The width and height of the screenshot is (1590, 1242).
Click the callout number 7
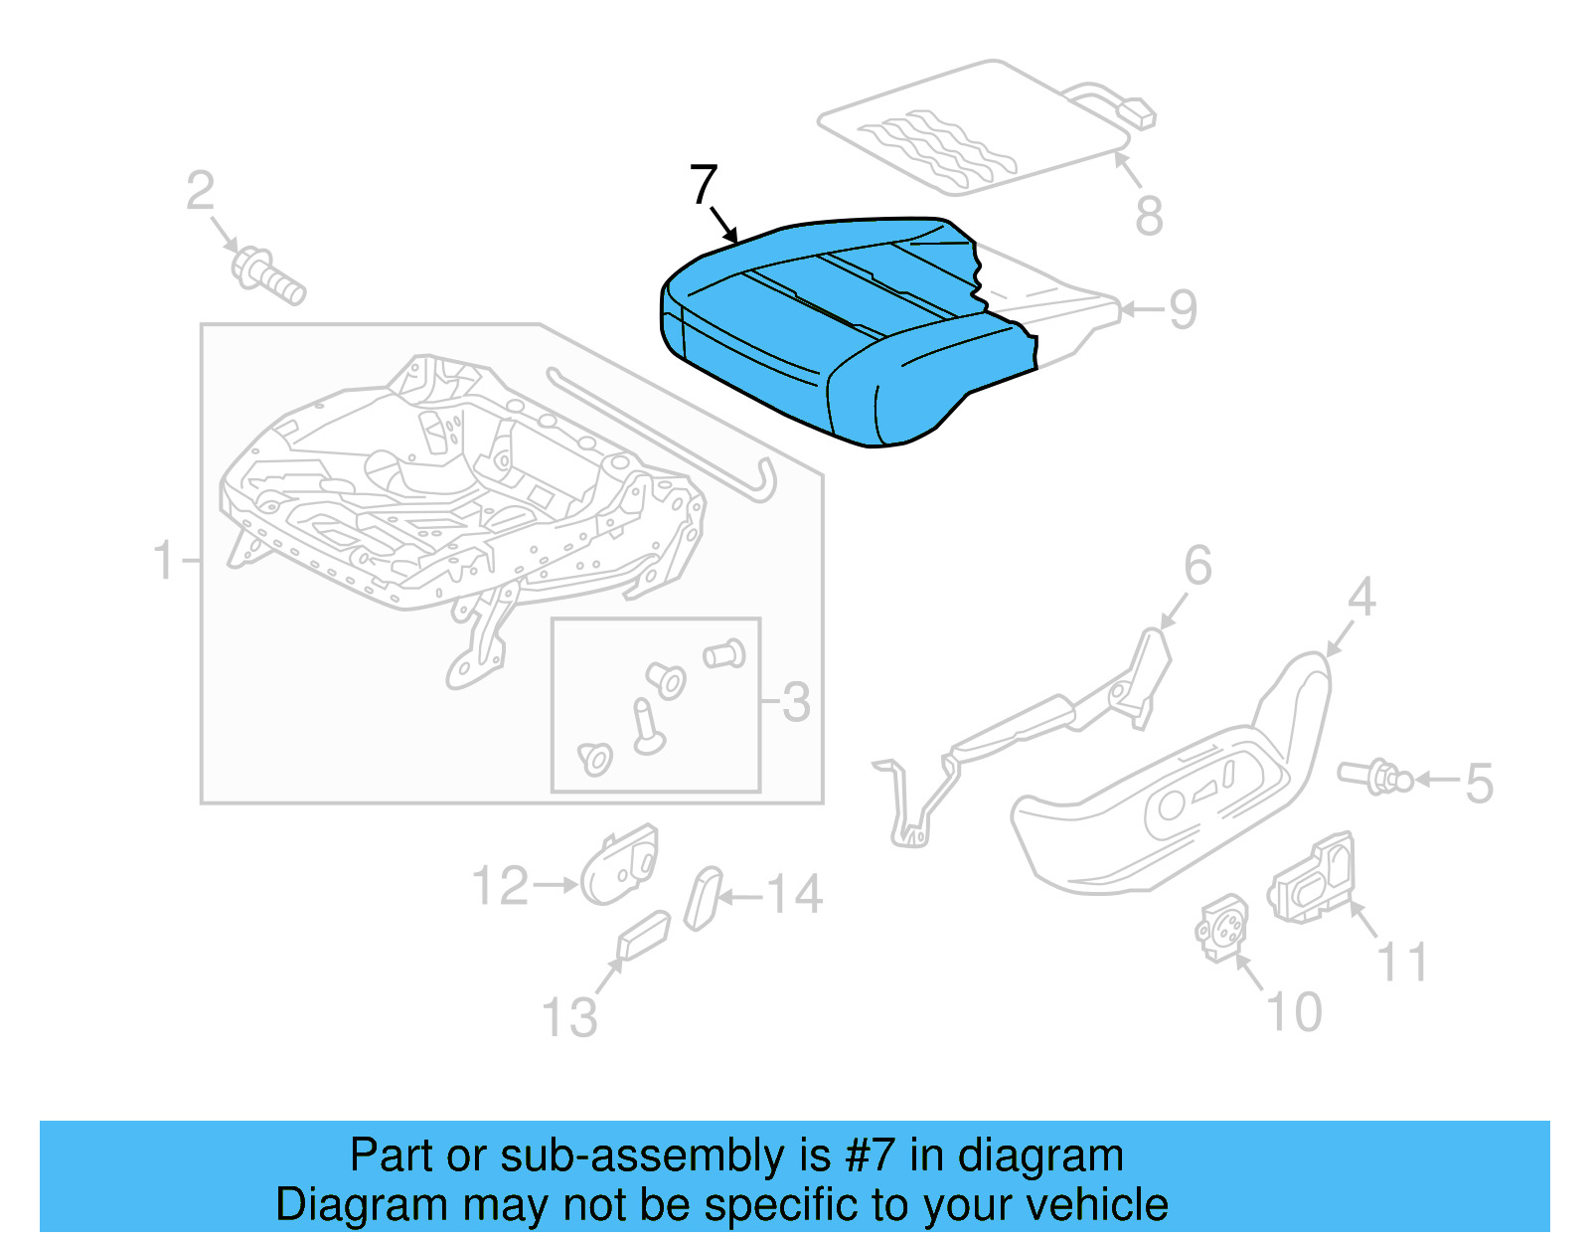coord(703,185)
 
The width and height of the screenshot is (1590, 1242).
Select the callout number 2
coord(200,190)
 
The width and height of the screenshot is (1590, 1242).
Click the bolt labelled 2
coord(266,275)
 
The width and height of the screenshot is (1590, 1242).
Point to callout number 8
coord(1149,216)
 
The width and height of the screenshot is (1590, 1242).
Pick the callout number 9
coord(1183,309)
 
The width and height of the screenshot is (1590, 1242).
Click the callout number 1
coord(164,561)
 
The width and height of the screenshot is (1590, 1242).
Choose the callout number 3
coord(795,702)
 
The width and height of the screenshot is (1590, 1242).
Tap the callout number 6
coord(1197,566)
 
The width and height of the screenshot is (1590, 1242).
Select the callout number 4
coord(1360,598)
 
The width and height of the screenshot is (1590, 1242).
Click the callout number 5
coord(1479,783)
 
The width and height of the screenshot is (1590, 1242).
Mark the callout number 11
coord(1402,962)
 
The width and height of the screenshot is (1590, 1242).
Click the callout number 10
coord(1294,1012)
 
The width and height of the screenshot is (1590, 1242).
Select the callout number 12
coord(500,886)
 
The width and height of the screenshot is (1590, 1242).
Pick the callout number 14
coord(794,894)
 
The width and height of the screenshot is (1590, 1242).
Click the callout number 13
coord(569,1017)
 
